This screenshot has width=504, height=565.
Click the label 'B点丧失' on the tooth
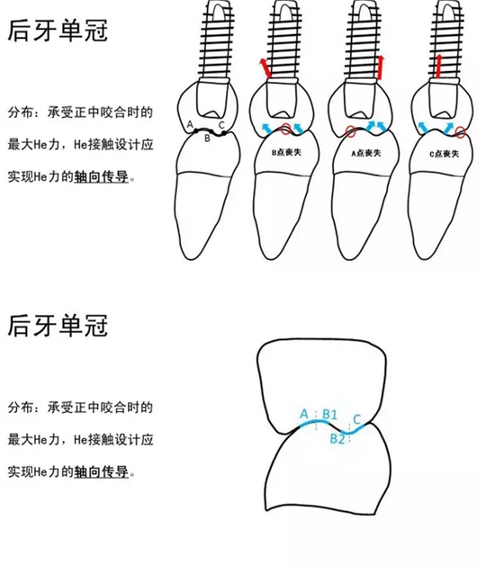[x=286, y=152]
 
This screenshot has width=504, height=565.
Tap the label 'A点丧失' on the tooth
[x=366, y=153]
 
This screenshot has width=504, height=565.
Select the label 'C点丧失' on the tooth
[x=445, y=154]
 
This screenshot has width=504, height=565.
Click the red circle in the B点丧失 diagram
[x=285, y=129]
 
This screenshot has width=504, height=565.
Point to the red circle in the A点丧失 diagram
[x=350, y=131]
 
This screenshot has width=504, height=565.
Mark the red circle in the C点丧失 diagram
[x=460, y=132]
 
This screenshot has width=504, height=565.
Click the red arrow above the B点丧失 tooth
[x=265, y=68]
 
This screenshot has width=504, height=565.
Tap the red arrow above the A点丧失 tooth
[x=380, y=67]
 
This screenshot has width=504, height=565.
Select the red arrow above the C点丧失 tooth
[x=438, y=67]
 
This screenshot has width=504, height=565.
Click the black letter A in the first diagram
[x=190, y=125]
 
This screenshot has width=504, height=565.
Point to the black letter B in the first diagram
[x=207, y=139]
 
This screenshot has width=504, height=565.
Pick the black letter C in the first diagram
[x=221, y=125]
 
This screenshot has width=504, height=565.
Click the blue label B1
[x=329, y=414]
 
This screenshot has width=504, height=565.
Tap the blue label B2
[x=337, y=438]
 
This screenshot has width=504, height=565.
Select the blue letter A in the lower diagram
[x=304, y=414]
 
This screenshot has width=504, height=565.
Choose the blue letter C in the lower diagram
[x=357, y=419]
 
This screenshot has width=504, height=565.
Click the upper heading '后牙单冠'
[x=58, y=31]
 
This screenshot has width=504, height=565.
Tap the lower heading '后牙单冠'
[x=58, y=326]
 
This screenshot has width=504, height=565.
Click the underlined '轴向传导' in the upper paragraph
[x=102, y=176]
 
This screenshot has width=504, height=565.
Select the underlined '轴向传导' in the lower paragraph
[x=102, y=471]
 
